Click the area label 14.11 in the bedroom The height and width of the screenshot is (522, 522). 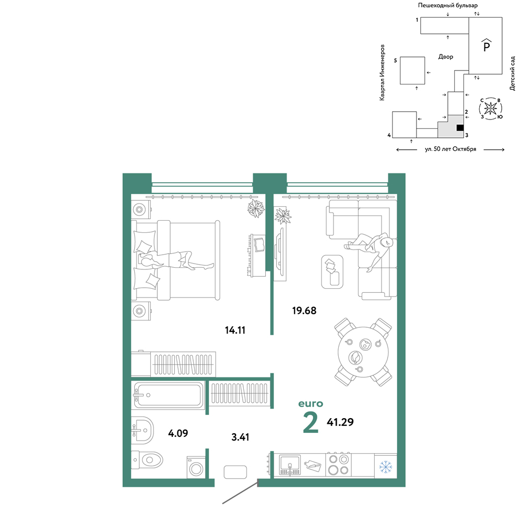pos(235,330)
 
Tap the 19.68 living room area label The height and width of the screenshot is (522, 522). pos(304,311)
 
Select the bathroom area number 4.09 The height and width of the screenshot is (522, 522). pos(178,433)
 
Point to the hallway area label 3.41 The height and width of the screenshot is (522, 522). pos(240,437)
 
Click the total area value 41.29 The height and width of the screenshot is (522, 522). pos(340,422)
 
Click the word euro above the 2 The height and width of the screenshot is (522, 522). pos(311,404)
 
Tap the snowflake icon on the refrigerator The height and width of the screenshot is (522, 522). pos(386,467)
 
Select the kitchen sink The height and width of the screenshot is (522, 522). pos(290,465)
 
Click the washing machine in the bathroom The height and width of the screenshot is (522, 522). pos(196,467)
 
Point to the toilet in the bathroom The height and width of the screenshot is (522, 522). pos(147,460)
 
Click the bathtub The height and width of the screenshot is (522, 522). pos(168,395)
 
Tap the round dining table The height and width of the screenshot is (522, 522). pos(363,352)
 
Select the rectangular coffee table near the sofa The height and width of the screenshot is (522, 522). pos(332,271)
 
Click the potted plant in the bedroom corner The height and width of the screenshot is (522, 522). pos(256,208)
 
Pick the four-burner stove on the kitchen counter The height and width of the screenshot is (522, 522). pos(338,465)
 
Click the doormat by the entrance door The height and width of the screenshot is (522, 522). pos(235,472)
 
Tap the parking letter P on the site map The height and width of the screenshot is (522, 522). pos(487,46)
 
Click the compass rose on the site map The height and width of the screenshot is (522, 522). pos(490,109)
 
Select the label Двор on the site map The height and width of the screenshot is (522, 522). pos(446,57)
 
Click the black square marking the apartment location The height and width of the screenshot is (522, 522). pos(460,127)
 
